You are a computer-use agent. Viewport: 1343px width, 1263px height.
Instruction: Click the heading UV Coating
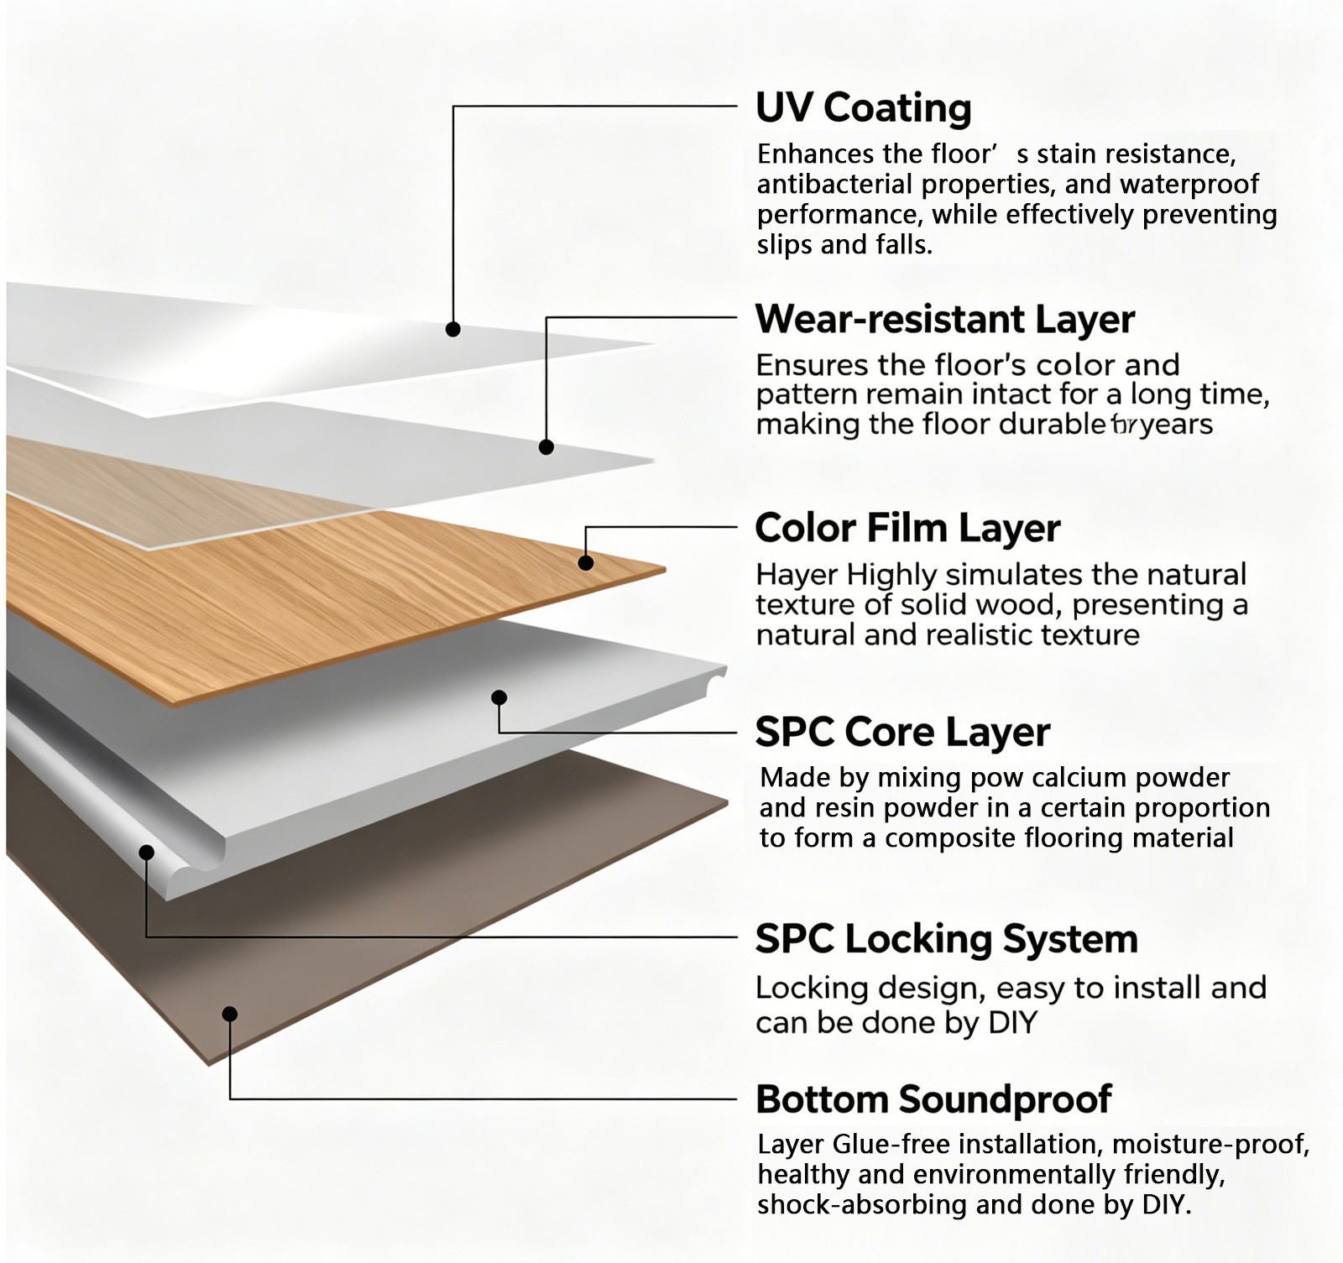click(864, 108)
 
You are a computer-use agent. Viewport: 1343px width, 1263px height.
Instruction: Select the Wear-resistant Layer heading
click(945, 320)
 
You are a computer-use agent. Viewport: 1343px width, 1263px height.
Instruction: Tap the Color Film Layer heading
click(907, 529)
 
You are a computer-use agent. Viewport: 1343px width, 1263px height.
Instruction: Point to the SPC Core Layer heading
click(902, 732)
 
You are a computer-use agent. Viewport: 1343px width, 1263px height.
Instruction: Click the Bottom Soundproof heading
click(933, 1099)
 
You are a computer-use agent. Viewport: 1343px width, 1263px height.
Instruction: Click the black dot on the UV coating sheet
click(453, 329)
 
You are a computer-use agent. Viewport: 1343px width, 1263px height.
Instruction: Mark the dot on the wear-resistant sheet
click(546, 446)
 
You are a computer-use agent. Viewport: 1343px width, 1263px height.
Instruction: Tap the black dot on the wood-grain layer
click(586, 562)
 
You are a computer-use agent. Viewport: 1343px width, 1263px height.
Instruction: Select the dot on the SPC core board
click(499, 697)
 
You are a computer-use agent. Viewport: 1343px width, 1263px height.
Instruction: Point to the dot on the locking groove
click(147, 853)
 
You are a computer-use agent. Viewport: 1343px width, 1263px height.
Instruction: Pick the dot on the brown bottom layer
click(230, 1014)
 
